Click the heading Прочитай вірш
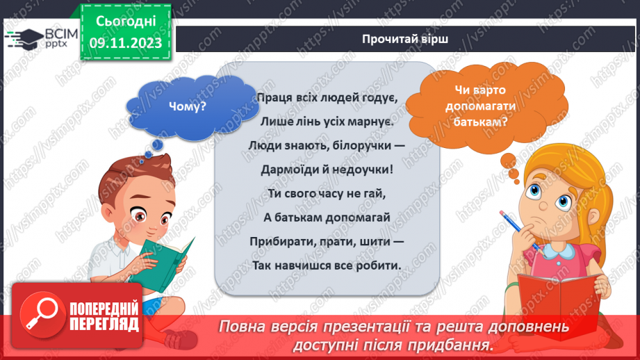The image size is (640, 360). point(404,38)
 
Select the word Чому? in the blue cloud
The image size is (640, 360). point(187,106)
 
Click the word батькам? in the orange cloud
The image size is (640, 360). point(480,119)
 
